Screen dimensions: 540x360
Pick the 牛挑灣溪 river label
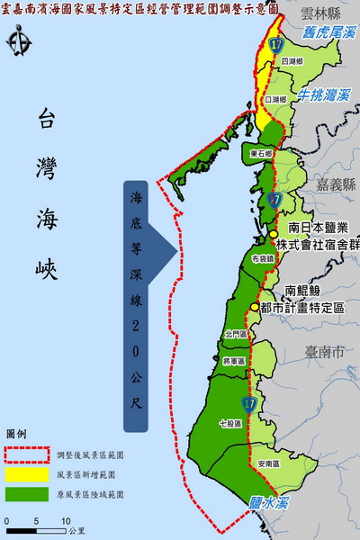pos(325,94)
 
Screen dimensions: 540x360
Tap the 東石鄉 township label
pos(261,154)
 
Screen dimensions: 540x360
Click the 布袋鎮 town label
pos(263,257)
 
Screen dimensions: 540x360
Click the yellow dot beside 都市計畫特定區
pos(255,307)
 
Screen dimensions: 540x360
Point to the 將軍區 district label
pos(233,361)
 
